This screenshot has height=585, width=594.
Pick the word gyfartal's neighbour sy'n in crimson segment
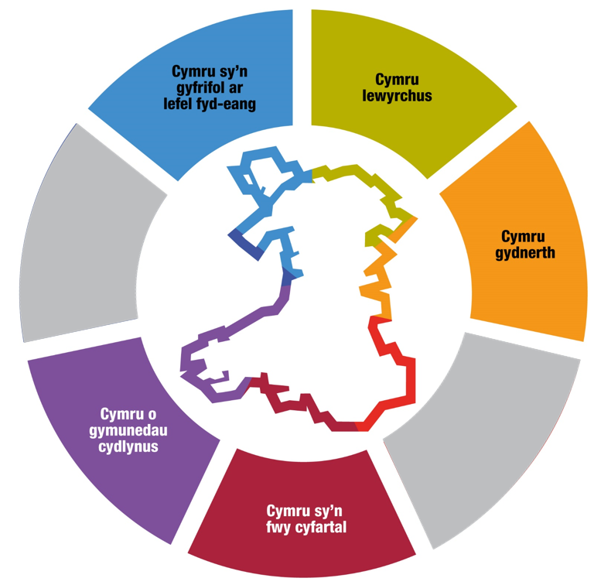click(316, 511)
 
